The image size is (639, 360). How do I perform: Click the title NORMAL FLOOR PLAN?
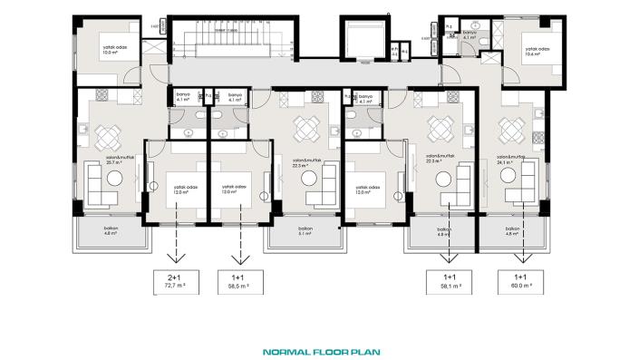point(319,351)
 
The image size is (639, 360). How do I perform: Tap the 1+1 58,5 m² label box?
point(241,283)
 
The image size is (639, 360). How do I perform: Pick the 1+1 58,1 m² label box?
point(450,283)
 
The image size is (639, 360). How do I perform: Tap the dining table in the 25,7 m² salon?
point(108,137)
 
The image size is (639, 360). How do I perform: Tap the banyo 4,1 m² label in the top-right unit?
point(469,35)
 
